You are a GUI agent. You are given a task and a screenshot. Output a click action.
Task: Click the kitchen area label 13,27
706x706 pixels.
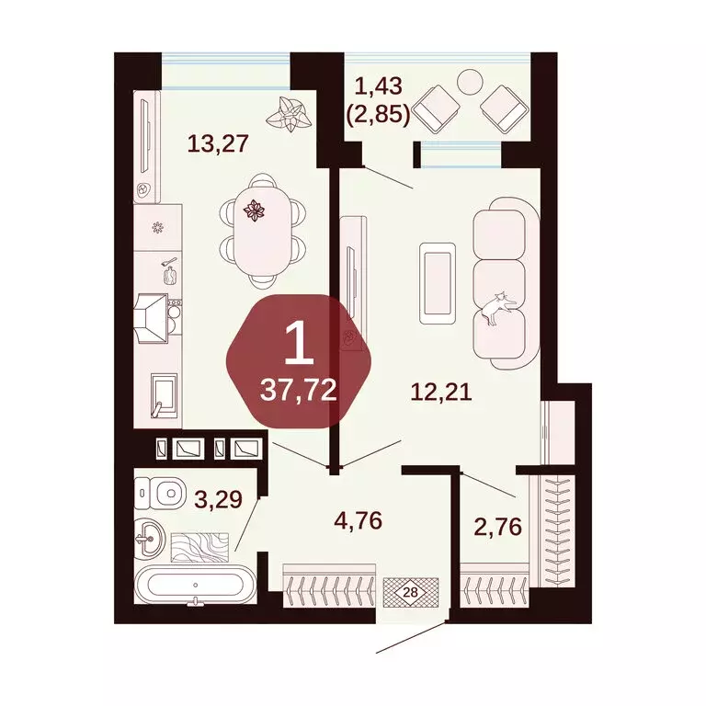(219, 143)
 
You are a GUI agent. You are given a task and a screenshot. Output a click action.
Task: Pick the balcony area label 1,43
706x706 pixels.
(378, 87)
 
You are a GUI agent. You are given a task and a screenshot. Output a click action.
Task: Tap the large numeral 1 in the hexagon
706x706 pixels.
(296, 345)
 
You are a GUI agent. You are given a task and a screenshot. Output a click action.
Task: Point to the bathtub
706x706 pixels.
(194, 585)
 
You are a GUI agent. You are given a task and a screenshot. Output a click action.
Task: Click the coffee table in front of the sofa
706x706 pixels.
(437, 282)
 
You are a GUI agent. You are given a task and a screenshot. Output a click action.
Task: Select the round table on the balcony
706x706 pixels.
(470, 82)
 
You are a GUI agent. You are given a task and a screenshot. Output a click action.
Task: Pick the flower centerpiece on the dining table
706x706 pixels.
(253, 212)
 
